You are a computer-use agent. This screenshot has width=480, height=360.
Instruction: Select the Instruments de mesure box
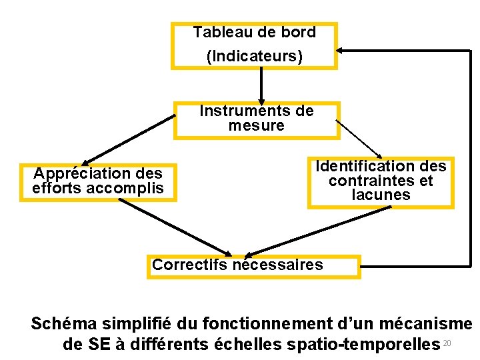coord(257,120)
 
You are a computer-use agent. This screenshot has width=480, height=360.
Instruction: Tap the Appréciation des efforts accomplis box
coord(98,182)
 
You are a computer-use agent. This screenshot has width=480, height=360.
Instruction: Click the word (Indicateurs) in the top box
coord(254,56)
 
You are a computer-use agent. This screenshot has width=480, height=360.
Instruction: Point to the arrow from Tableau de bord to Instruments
coord(261,85)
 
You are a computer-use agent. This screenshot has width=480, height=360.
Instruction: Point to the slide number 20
coord(447,343)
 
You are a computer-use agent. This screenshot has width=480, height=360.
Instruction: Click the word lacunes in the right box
coord(381,195)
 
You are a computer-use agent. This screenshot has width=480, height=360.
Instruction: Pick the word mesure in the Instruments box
coord(256,126)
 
